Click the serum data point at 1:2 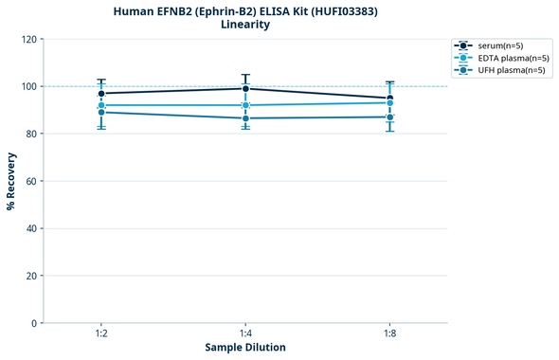[101, 94]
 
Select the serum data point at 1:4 [245, 89]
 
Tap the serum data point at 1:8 [389, 99]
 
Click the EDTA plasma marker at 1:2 [101, 105]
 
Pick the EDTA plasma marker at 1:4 [245, 105]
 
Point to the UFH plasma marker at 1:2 [101, 113]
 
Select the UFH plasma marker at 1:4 [245, 118]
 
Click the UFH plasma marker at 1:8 [389, 117]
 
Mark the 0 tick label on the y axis [34, 323]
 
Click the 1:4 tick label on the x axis [245, 334]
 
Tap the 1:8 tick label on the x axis [389, 334]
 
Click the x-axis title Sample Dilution [245, 348]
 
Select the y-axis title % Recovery [10, 181]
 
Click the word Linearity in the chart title [244, 25]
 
